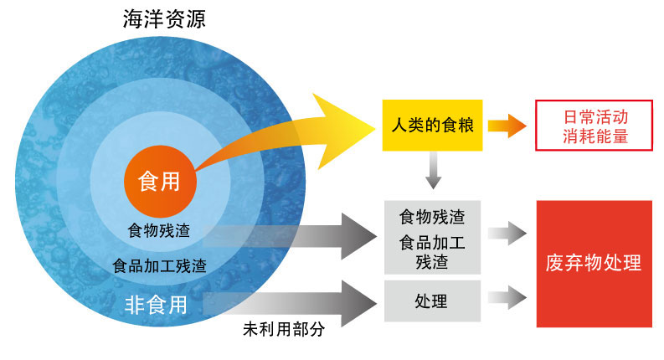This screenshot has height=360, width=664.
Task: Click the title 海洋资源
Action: point(164,19)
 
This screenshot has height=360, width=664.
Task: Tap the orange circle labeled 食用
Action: point(160,182)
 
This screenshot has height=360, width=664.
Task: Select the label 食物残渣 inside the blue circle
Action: point(159,231)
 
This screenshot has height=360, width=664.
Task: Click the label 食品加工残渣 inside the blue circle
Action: point(159,266)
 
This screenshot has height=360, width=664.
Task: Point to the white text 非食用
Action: point(156,305)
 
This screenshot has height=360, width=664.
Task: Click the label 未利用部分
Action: point(284,329)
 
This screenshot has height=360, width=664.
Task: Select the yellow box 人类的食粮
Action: point(432,126)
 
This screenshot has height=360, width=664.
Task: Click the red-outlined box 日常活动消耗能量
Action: point(595,126)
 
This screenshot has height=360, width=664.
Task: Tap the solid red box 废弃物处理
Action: point(595,264)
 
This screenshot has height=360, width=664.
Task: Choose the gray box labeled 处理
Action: point(432,301)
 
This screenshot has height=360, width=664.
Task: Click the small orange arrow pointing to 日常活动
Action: point(507,126)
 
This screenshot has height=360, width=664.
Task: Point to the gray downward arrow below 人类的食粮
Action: point(433,170)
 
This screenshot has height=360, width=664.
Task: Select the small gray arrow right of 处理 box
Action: point(507,297)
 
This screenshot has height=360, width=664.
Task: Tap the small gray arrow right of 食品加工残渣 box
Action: point(507,233)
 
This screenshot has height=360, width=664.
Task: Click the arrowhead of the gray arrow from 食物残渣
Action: point(358,236)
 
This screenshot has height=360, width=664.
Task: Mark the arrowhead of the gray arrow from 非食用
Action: point(358,303)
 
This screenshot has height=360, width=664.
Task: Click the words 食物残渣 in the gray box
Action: point(432,217)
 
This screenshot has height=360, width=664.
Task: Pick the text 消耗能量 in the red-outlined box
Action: point(595,136)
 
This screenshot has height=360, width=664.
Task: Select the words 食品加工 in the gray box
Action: point(432,243)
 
